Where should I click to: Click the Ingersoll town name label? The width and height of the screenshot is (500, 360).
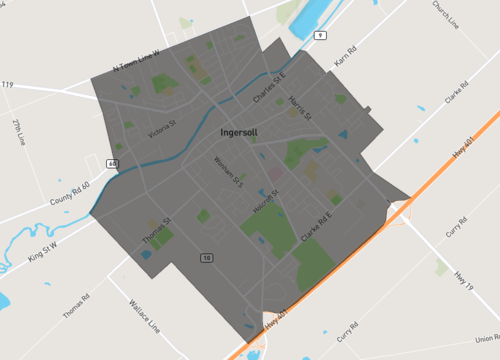coord(241,132)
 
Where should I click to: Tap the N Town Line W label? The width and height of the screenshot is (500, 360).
coord(136,63)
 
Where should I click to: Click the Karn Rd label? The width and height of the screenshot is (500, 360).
coord(345,61)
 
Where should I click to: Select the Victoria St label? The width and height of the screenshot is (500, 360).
coord(161,130)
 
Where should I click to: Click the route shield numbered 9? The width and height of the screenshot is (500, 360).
coord(319,35)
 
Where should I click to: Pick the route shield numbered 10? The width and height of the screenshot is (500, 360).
coord(206,257)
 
